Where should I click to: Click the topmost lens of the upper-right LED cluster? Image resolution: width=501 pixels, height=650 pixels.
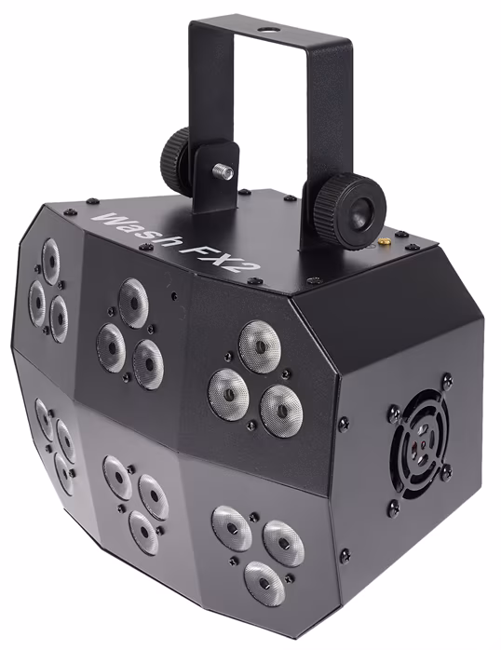(259, 346)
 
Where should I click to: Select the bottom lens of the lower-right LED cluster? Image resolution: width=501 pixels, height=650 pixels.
(263, 578)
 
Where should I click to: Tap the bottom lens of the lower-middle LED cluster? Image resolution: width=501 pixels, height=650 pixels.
(143, 531)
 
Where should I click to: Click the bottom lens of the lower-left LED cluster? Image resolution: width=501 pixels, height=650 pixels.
(63, 474)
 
